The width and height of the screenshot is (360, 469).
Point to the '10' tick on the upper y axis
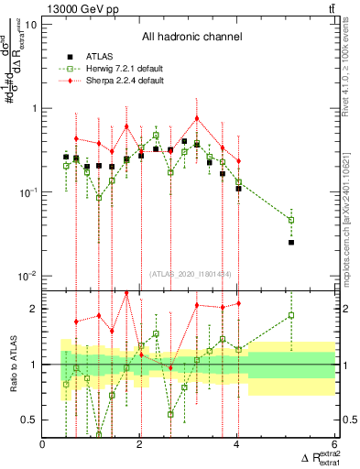[x=31, y=24]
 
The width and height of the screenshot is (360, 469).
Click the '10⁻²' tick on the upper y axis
[x=27, y=276]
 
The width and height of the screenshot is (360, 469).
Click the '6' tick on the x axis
[x=334, y=444]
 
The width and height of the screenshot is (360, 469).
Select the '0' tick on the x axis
[x=43, y=444]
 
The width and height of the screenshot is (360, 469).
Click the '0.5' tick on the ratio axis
[x=28, y=420]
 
